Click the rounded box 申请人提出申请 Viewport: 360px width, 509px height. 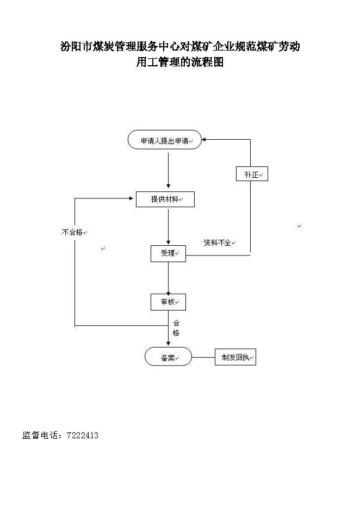[x=165, y=140]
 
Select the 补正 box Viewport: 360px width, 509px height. [x=252, y=174]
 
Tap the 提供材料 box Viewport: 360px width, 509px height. [x=165, y=200]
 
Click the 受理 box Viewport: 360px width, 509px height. [x=168, y=253]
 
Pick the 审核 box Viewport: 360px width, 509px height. [x=168, y=302]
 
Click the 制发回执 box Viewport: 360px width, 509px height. [x=235, y=357]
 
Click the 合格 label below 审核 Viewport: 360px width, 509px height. [x=176, y=328]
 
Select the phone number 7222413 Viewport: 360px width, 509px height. [x=83, y=435]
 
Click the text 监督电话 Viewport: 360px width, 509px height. [x=40, y=435]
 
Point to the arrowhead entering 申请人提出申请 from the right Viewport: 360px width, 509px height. [x=204, y=140]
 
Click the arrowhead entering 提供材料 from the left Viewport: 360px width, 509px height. [x=132, y=198]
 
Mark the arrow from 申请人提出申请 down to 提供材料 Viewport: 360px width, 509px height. [x=168, y=170]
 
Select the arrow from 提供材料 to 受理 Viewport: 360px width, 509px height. [x=168, y=227]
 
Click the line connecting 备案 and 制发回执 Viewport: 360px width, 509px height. [x=203, y=357]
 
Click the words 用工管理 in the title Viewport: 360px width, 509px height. [x=158, y=61]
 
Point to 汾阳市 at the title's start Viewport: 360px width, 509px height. [x=77, y=46]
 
